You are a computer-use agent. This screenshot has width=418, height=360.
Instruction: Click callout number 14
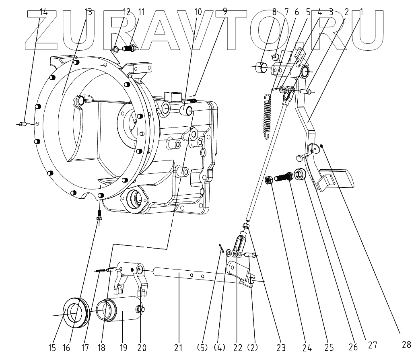click(43, 12)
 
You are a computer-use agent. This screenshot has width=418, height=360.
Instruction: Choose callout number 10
click(198, 12)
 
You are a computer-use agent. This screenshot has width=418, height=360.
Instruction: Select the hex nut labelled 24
click(270, 180)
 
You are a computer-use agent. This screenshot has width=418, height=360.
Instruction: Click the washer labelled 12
click(115, 49)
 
